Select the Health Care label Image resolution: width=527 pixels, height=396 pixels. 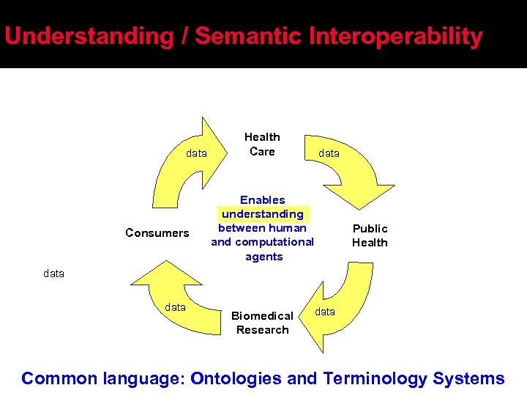tap(262, 144)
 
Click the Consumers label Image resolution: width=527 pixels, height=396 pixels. tap(157, 233)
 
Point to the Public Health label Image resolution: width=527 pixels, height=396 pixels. tap(370, 235)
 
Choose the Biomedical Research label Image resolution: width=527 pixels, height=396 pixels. tap(262, 323)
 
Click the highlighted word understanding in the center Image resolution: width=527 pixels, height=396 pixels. tap(263, 214)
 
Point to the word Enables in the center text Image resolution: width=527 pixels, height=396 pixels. tap(263, 200)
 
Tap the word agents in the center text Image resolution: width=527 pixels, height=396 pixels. tap(263, 257)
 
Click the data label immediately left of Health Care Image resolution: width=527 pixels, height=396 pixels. tap(196, 154)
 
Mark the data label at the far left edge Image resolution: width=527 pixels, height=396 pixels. tap(53, 274)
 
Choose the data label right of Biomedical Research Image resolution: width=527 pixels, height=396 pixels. tap(325, 312)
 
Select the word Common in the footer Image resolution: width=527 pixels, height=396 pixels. tap(59, 378)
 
